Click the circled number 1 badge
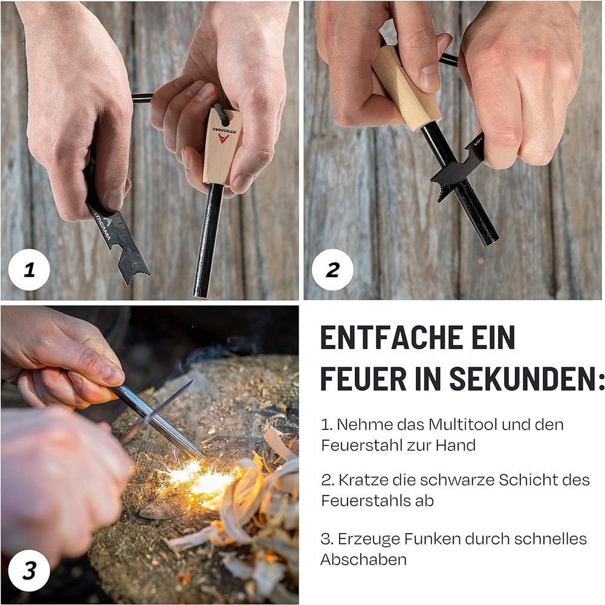pos(30,270)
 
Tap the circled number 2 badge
pos(332,270)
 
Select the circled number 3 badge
pos(30,571)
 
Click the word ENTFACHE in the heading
pos(389,337)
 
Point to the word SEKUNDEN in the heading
pos(526,378)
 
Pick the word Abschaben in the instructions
pos(363,560)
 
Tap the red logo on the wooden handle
pos(223,139)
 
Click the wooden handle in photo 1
pos(221,147)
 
